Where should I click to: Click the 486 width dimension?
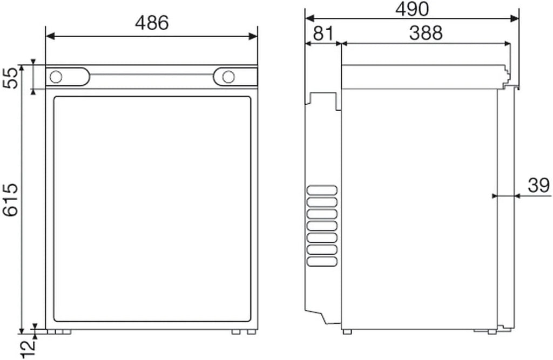click(x=152, y=23)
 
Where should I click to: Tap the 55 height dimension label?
click(x=11, y=78)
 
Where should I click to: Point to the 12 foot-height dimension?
click(x=29, y=349)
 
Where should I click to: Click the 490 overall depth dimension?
click(x=412, y=9)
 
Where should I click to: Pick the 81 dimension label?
click(x=323, y=34)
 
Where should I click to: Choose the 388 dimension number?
click(x=426, y=33)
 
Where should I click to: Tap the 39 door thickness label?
click(x=538, y=185)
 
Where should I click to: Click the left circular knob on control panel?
click(x=56, y=77)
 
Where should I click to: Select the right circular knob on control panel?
click(x=228, y=77)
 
